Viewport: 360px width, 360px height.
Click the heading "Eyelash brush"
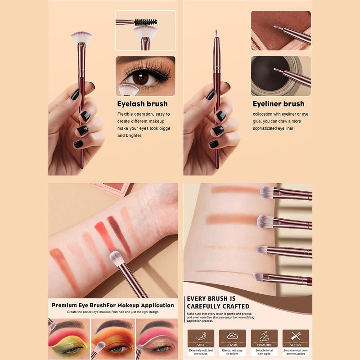click(x=142, y=104)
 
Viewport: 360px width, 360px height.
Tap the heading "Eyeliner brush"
click(x=278, y=104)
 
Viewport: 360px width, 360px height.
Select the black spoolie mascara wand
click(x=145, y=22)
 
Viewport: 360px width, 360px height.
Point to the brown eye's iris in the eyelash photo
click(x=140, y=78)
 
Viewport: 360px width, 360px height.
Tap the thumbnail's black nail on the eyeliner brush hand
click(x=210, y=95)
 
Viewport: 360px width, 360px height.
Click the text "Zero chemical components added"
click(x=296, y=352)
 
